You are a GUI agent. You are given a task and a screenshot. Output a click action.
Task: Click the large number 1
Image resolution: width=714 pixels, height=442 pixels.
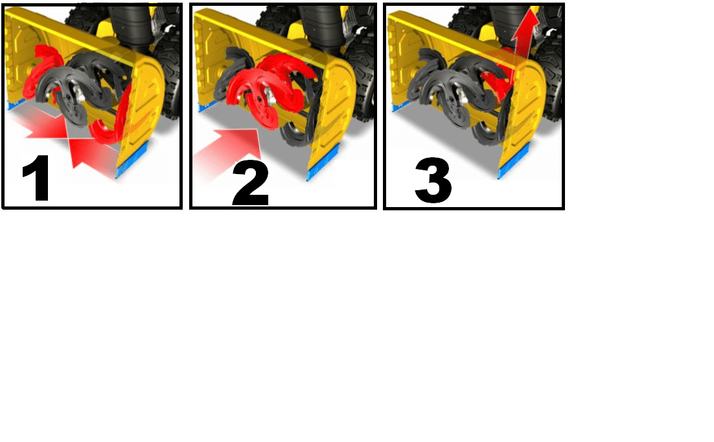pyautogui.click(x=36, y=178)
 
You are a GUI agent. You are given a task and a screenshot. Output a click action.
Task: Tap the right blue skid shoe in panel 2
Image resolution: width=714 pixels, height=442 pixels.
pyautogui.click(x=323, y=161)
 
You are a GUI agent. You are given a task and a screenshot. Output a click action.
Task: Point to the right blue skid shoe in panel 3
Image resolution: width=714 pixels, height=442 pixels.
pyautogui.click(x=514, y=161)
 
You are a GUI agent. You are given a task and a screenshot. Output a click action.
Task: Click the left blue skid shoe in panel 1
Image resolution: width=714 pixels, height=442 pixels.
pyautogui.click(x=17, y=105)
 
